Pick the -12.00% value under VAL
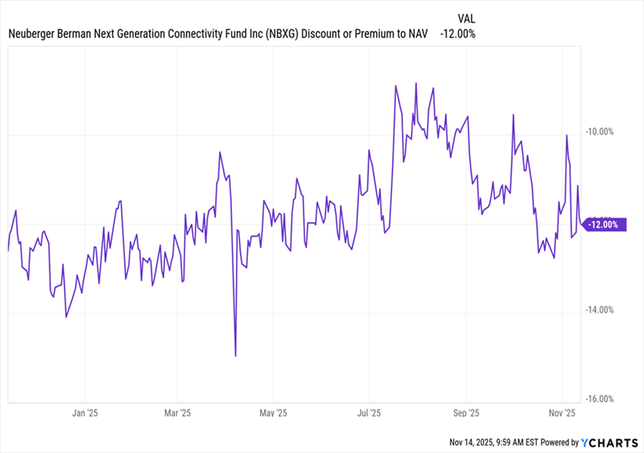point(457,34)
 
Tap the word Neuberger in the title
point(35,34)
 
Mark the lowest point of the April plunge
point(235,356)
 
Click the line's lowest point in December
point(65,317)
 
